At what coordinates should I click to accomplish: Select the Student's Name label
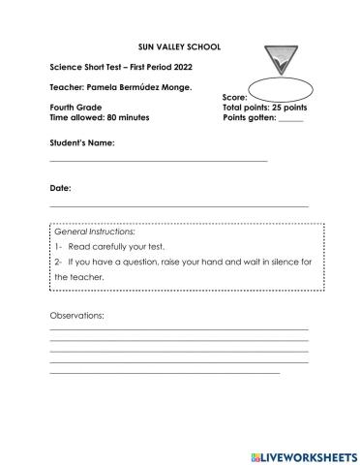click(82, 142)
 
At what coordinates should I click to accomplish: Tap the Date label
click(59, 188)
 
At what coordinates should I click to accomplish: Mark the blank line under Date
click(179, 206)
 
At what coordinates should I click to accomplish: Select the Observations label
click(76, 316)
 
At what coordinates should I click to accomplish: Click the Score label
click(235, 98)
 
